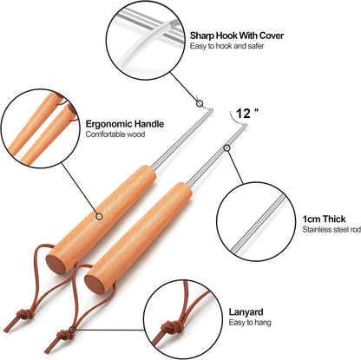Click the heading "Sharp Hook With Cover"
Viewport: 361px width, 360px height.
click(237, 36)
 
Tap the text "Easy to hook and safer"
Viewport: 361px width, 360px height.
click(226, 46)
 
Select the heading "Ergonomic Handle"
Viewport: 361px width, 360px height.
click(125, 124)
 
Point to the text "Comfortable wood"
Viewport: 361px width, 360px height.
click(115, 134)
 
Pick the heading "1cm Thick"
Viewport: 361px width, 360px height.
click(324, 219)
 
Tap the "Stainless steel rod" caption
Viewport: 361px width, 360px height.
click(331, 230)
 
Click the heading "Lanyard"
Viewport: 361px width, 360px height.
click(246, 312)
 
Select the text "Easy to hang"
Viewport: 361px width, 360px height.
click(250, 323)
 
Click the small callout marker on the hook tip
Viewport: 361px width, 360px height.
click(200, 103)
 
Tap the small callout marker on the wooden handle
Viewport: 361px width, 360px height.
click(99, 216)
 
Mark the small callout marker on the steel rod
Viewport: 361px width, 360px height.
click(227, 148)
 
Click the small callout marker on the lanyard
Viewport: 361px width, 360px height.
click(73, 330)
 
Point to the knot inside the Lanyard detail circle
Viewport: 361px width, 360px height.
click(168, 329)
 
